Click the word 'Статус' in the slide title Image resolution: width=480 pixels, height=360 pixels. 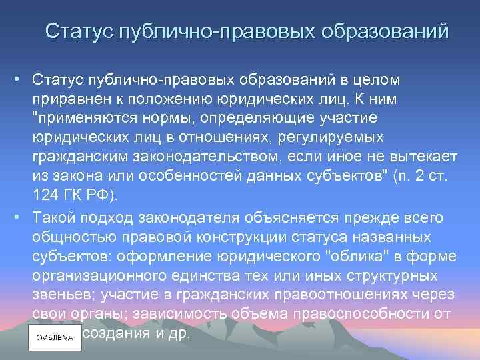point(79,31)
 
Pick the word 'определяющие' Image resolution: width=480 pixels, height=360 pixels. point(273,117)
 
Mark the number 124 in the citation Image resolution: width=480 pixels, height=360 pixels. point(44,195)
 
